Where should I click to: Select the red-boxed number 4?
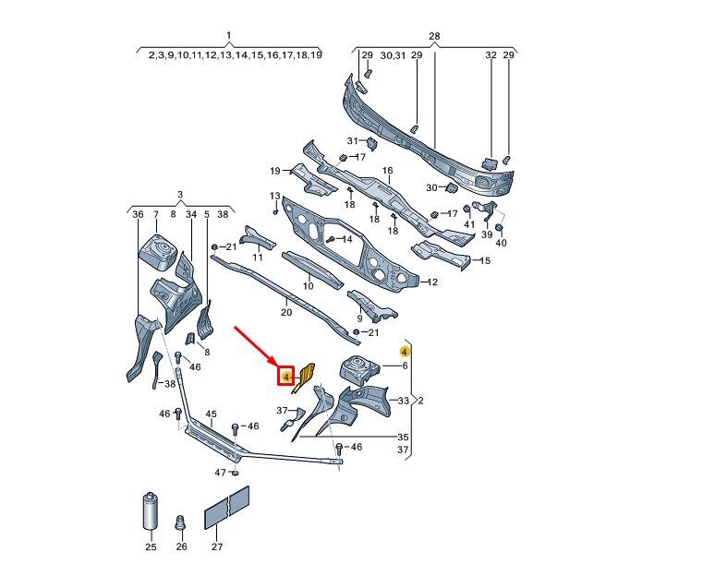(x=287, y=377)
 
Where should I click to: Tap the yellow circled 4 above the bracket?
(x=404, y=351)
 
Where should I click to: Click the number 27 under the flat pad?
(x=217, y=547)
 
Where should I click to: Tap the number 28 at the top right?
(x=434, y=36)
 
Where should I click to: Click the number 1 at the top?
(x=228, y=36)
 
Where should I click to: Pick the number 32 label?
(x=491, y=55)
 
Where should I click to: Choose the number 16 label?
(x=388, y=171)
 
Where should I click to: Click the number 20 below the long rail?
(x=286, y=313)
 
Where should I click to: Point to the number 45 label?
(x=211, y=414)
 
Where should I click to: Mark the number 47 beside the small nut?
(x=220, y=473)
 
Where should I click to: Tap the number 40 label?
(x=502, y=243)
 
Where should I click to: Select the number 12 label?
(x=431, y=282)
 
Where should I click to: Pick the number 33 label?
(x=403, y=401)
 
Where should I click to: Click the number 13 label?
(x=274, y=197)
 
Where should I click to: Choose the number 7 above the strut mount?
(x=155, y=214)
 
